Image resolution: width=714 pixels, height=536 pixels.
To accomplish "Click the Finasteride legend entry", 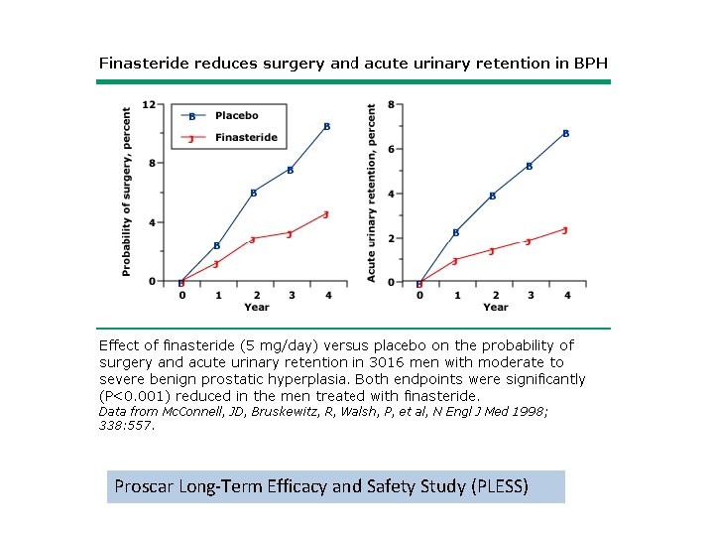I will point(246,138).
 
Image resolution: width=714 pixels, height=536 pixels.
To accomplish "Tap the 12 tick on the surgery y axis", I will point(148,104).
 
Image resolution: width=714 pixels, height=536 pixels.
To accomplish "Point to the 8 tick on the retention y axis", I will point(392,104).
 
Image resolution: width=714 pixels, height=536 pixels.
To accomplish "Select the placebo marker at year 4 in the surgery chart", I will point(326,127).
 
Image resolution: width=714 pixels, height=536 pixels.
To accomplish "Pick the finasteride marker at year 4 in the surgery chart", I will point(325,214).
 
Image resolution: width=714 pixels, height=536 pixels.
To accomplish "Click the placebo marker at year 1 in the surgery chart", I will point(217,246).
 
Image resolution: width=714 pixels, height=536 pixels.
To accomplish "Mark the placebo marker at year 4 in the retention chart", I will point(565,133).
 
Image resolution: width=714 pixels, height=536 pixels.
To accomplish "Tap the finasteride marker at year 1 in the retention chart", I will point(455,261).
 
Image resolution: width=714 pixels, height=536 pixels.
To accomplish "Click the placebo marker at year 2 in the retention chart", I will point(492,197).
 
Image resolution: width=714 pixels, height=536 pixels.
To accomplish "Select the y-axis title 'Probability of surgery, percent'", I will point(127,192).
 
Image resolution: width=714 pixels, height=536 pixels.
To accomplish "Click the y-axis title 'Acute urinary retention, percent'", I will point(372,193).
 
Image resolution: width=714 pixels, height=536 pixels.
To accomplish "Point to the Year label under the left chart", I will point(256,308).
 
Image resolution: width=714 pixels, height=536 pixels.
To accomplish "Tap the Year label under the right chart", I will point(495,308).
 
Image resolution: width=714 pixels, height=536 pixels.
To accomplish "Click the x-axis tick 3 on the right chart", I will point(530,295).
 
